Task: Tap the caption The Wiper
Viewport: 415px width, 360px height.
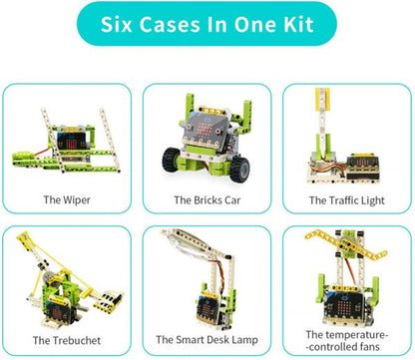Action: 68,200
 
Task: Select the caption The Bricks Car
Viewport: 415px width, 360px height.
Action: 207,200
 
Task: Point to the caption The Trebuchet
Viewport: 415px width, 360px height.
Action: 68,340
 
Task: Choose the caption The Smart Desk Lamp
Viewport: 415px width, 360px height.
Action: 207,340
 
